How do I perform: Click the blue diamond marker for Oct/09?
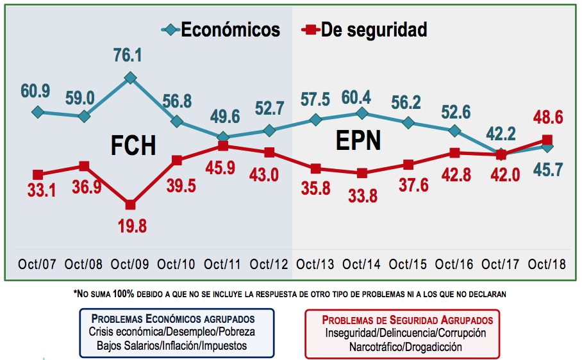pos(130,78)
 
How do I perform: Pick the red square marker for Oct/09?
pos(130,205)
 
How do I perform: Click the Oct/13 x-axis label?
pos(315,265)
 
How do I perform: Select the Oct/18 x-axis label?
pos(547,265)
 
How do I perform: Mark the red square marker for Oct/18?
pos(547,140)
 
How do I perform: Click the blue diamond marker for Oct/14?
pos(362,113)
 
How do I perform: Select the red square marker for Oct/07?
pos(38,174)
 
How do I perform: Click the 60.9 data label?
pos(35,91)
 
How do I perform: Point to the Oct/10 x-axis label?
pos(176,265)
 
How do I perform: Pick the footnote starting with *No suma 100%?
pos(290,295)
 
